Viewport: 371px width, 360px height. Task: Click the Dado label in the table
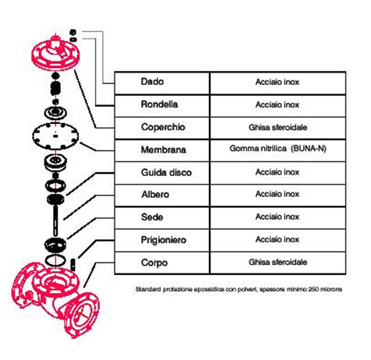(152, 82)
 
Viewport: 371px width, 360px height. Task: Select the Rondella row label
(159, 104)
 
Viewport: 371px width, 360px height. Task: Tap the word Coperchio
(163, 127)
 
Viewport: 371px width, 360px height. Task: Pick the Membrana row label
(164, 150)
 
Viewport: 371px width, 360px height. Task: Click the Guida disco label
(166, 172)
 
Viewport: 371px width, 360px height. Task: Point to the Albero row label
(155, 194)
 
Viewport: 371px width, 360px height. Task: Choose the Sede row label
(152, 217)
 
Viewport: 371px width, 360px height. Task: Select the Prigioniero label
(164, 240)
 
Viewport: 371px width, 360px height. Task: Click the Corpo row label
(154, 263)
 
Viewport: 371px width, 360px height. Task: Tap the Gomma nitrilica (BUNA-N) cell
(277, 149)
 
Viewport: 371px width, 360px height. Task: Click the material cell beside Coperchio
(277, 127)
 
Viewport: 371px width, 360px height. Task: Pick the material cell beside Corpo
(277, 262)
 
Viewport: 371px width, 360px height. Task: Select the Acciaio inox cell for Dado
(277, 82)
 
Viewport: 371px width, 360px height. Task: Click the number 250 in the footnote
(313, 289)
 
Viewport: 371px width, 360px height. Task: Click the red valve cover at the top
(55, 53)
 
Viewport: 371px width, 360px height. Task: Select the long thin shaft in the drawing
(55, 221)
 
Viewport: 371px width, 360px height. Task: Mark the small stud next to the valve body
(73, 265)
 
